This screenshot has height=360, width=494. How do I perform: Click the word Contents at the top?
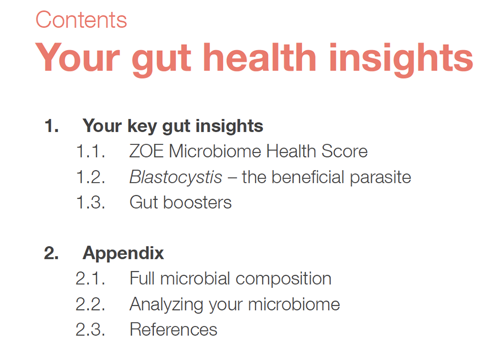click(81, 19)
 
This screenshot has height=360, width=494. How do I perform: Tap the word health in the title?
click(260, 57)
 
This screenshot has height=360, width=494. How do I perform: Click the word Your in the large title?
click(77, 57)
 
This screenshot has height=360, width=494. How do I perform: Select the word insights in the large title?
click(401, 60)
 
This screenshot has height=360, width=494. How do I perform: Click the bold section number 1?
click(51, 126)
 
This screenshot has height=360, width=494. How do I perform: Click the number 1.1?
click(91, 151)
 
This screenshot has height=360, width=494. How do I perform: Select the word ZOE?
click(146, 151)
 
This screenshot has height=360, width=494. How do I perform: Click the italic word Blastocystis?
click(176, 177)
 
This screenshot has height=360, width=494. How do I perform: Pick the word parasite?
click(380, 178)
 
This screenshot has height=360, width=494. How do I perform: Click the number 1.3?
click(91, 202)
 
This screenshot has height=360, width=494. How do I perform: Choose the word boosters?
click(197, 202)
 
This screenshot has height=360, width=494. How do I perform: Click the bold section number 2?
click(51, 253)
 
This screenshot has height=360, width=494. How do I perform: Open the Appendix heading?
click(123, 254)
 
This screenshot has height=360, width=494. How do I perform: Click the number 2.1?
click(91, 279)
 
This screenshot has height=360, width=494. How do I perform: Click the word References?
click(173, 330)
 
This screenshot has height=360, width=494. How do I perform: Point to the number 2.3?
click(91, 330)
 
